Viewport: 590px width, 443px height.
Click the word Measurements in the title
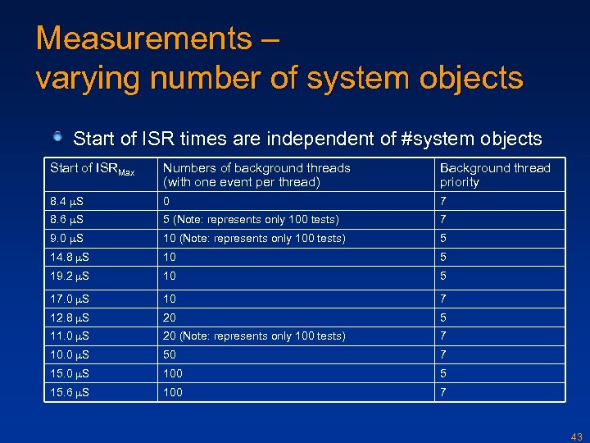click(143, 39)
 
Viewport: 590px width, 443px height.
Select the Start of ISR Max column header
click(91, 169)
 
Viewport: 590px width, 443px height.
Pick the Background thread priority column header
click(495, 175)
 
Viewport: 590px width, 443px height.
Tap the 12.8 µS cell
click(69, 317)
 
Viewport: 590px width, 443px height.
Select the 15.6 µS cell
click(69, 393)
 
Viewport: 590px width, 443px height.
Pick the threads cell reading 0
click(167, 201)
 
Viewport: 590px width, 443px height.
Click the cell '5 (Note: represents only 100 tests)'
click(250, 220)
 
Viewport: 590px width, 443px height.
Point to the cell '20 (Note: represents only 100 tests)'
click(254, 336)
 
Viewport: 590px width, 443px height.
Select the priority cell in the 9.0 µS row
click(443, 239)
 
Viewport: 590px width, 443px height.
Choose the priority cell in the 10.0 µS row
click(443, 354)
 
